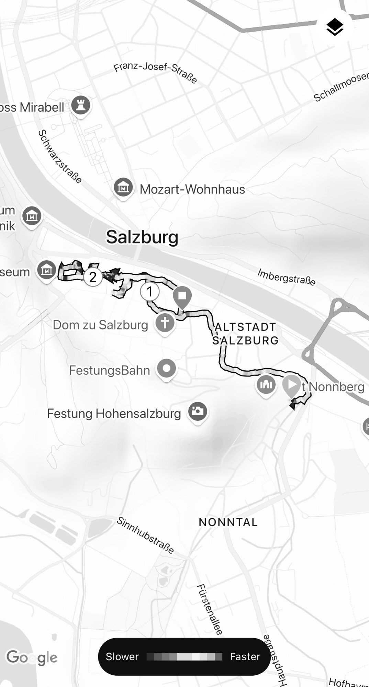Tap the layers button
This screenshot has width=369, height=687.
[x=335, y=27]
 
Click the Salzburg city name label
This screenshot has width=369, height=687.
[x=142, y=237]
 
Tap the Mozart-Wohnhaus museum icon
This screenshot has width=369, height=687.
[x=123, y=187]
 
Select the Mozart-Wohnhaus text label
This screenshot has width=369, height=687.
[x=192, y=189]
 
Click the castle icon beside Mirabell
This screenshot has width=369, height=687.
[x=81, y=105]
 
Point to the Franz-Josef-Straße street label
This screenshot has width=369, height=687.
[x=155, y=72]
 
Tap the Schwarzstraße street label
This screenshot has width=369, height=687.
[x=60, y=156]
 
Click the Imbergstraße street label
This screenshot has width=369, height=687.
[x=286, y=277]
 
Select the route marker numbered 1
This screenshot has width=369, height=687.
[x=149, y=292]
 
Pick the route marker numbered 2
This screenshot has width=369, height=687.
[x=93, y=277]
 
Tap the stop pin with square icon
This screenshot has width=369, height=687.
[x=182, y=296]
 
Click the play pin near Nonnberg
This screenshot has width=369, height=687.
[x=291, y=385]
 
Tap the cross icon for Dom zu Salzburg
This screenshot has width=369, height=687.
[x=165, y=323]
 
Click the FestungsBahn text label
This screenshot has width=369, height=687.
[x=110, y=370]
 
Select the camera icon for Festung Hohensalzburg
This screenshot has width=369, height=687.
[x=198, y=411]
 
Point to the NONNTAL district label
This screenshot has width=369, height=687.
[x=228, y=522]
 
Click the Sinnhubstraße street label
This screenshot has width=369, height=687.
[x=145, y=535]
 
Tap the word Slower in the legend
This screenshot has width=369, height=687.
[x=122, y=656]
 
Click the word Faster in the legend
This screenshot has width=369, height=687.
[x=245, y=656]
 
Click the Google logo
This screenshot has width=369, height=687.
[x=32, y=657]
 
